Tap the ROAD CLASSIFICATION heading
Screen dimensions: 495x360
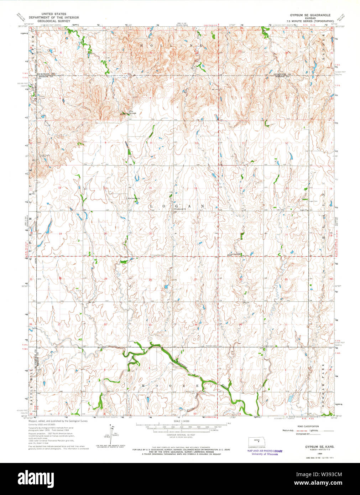(x=308, y=426)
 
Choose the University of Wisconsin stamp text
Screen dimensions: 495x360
(x=265, y=454)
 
